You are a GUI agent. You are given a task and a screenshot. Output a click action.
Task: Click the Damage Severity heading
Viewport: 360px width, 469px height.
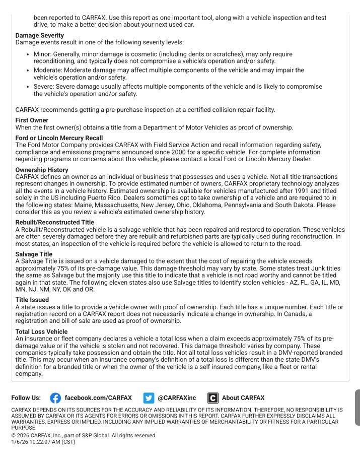40,35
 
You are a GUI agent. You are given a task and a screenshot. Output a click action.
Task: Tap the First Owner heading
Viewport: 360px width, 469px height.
32,120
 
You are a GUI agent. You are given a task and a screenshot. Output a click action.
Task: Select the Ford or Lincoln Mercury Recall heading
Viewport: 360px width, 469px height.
59,138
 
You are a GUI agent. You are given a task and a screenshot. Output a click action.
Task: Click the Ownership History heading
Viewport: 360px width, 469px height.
42,170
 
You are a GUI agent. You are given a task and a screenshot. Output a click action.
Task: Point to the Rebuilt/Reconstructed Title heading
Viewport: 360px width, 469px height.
54,222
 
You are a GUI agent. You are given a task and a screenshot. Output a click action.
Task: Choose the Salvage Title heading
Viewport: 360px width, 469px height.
34,254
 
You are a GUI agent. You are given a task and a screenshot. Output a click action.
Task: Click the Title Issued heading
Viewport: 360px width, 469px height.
32,300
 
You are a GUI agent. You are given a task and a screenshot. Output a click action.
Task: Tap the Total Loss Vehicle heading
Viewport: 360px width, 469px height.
41,332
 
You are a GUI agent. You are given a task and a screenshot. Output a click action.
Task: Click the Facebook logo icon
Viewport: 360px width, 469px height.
55,398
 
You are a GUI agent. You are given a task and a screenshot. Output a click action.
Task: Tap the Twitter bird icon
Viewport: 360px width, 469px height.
149,398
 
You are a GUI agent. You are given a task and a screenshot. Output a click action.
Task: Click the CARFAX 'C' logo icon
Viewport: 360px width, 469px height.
213,398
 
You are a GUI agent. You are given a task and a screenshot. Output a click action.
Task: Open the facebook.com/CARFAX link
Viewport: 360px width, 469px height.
98,398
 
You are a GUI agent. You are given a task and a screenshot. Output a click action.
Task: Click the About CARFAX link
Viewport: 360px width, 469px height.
243,398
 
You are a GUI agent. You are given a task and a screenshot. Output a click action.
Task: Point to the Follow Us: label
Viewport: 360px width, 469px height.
26,398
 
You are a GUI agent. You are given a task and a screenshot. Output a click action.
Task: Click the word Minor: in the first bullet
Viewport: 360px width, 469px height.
43,54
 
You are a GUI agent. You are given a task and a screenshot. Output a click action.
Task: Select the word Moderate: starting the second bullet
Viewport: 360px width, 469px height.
48,70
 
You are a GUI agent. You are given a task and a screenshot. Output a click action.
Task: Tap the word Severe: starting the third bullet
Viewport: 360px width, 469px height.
44,86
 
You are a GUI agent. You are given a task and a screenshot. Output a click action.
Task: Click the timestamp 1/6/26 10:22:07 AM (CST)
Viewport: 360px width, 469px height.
43,442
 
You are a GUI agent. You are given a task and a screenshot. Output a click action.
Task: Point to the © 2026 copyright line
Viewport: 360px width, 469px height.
84,435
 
